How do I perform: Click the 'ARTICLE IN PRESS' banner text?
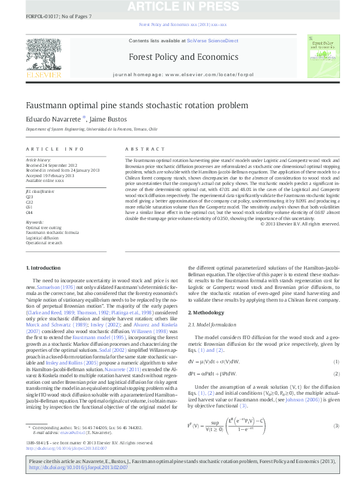[180, 6]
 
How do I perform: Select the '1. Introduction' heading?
[45, 267]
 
